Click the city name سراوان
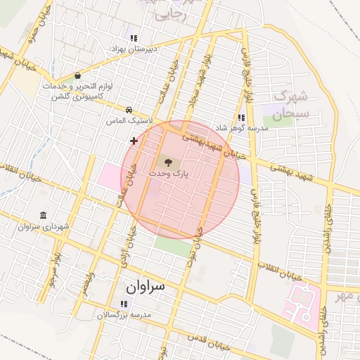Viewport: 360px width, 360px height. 146,287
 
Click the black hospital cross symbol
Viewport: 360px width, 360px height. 134,141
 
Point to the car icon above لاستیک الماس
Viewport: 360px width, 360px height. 129,110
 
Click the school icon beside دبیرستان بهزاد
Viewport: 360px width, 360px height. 133,38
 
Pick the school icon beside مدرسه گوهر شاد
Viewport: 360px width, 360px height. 242,118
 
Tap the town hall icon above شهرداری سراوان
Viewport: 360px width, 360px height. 44,215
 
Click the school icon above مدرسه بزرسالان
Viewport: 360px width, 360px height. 124,304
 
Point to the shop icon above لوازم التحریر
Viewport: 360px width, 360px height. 77,75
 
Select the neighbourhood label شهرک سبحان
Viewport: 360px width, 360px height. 292,105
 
